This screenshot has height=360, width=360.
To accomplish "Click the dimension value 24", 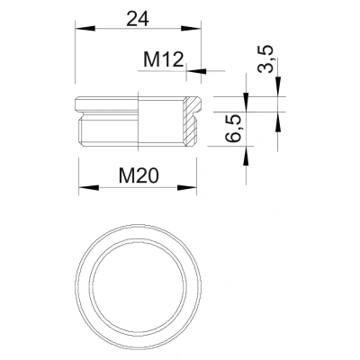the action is click(138, 20).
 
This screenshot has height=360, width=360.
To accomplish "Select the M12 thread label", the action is click(163, 59).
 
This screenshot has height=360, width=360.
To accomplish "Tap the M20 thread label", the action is click(139, 175).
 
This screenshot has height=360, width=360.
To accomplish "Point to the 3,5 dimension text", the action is click(266, 58).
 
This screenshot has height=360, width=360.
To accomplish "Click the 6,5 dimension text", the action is click(233, 128).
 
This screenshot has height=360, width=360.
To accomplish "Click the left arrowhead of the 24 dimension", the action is click(85, 29).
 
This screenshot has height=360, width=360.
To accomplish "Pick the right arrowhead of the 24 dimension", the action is click(190, 29).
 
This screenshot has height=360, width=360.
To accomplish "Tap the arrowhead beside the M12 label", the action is click(196, 71).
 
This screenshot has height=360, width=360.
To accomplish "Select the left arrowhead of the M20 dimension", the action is click(89, 187).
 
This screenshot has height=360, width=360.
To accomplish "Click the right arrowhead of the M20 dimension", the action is click(186, 187).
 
